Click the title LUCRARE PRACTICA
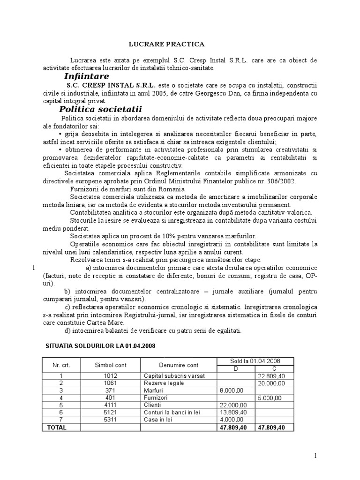click(x=167, y=44)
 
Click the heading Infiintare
click(x=86, y=76)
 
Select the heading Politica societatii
click(x=100, y=109)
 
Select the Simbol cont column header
click(x=110, y=365)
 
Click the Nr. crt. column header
click(x=61, y=365)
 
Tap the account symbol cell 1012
click(x=110, y=376)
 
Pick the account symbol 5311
click(x=110, y=420)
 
